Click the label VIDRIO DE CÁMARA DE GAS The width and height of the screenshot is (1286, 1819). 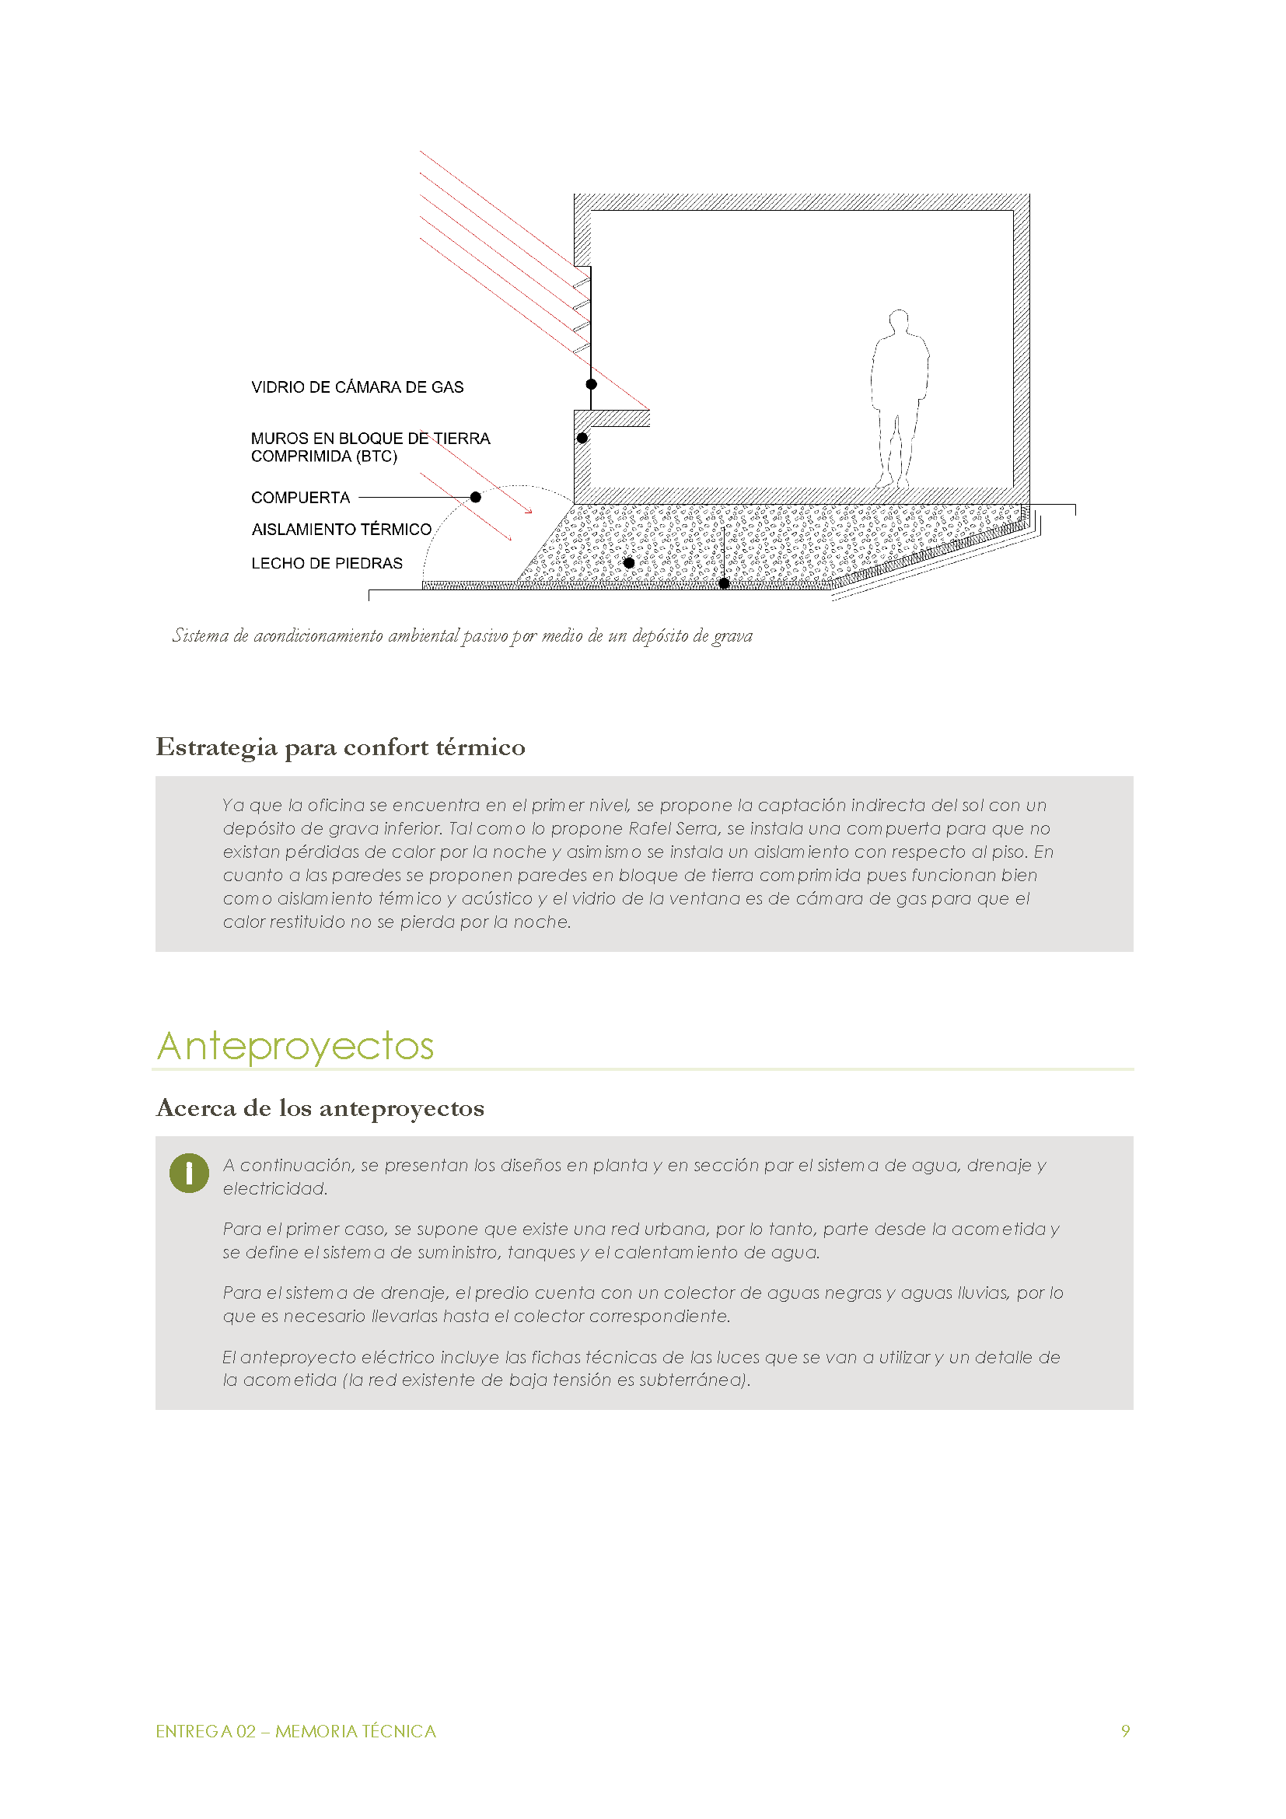coord(357,387)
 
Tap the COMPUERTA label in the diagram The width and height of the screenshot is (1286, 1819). coord(300,498)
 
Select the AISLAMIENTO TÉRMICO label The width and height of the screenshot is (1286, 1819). coord(341,530)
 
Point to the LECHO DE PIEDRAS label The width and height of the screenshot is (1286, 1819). coord(327,563)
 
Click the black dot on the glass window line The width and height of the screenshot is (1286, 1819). coord(591,384)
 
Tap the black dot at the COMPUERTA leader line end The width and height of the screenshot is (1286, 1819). coord(475,498)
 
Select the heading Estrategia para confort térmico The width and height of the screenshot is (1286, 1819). coord(341,747)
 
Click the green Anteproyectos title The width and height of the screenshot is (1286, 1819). coord(295,1046)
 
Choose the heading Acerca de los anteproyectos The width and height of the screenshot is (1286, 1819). coord(320,1107)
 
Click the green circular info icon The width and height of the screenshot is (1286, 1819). coord(189,1173)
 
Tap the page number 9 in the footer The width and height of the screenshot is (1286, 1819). coord(1125,1731)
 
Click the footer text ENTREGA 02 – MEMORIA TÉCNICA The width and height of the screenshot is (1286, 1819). coord(295,1731)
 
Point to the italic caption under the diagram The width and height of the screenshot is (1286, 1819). coord(463,635)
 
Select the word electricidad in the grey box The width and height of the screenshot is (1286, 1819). coord(274,1188)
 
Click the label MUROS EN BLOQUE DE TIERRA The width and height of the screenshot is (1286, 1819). coord(370,439)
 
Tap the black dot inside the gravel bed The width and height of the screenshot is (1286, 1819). coord(629,563)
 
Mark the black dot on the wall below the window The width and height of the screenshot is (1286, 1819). coord(582,438)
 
